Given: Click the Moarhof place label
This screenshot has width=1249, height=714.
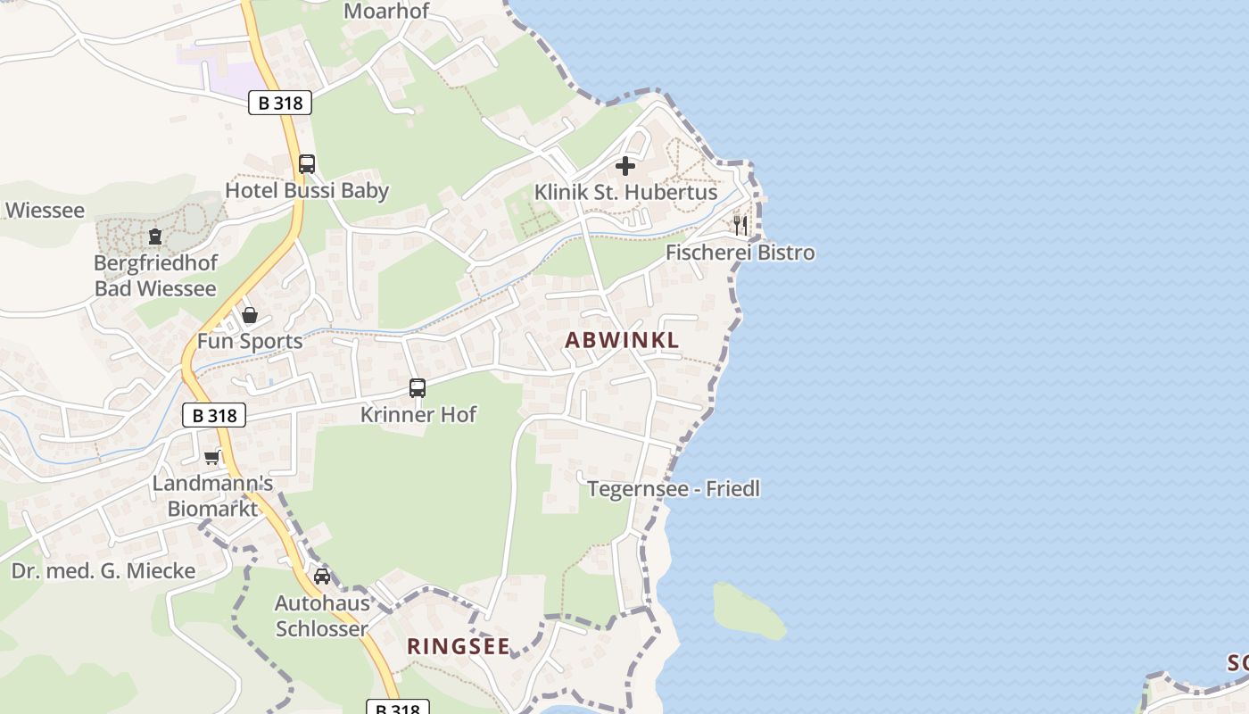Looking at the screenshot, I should (x=386, y=12).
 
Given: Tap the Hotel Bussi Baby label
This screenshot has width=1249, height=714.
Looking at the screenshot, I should (x=307, y=190).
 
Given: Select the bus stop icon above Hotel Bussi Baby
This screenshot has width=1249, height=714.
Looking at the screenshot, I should (x=307, y=164).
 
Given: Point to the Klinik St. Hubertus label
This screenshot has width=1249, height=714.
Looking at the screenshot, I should (x=625, y=192).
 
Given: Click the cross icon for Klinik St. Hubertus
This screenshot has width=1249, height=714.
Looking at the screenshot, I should (x=625, y=166).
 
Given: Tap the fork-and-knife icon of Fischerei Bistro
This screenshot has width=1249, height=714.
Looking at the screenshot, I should (x=740, y=225).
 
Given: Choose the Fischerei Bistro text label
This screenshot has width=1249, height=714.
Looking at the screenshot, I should (x=740, y=253).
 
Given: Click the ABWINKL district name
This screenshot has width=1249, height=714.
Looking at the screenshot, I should (x=622, y=340).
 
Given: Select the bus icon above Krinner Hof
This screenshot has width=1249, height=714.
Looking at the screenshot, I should (x=418, y=388).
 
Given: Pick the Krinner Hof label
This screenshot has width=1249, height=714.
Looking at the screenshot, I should (x=418, y=414).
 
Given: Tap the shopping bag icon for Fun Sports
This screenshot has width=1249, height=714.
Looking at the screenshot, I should (x=250, y=315).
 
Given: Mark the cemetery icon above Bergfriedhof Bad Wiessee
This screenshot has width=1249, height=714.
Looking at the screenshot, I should (x=155, y=237).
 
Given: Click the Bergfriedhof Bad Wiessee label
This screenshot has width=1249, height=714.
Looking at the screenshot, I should (x=155, y=276).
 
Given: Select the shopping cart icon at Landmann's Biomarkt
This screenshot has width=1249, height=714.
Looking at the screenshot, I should (x=211, y=458).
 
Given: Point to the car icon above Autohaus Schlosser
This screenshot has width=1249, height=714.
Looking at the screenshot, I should (x=322, y=577).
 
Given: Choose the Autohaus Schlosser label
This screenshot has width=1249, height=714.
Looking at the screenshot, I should (x=321, y=616).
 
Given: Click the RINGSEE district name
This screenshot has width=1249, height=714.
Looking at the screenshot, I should (x=459, y=647).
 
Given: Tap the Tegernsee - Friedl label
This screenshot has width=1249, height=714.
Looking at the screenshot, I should (x=674, y=489).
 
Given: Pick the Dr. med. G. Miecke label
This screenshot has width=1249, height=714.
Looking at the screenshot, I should (x=103, y=571).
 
